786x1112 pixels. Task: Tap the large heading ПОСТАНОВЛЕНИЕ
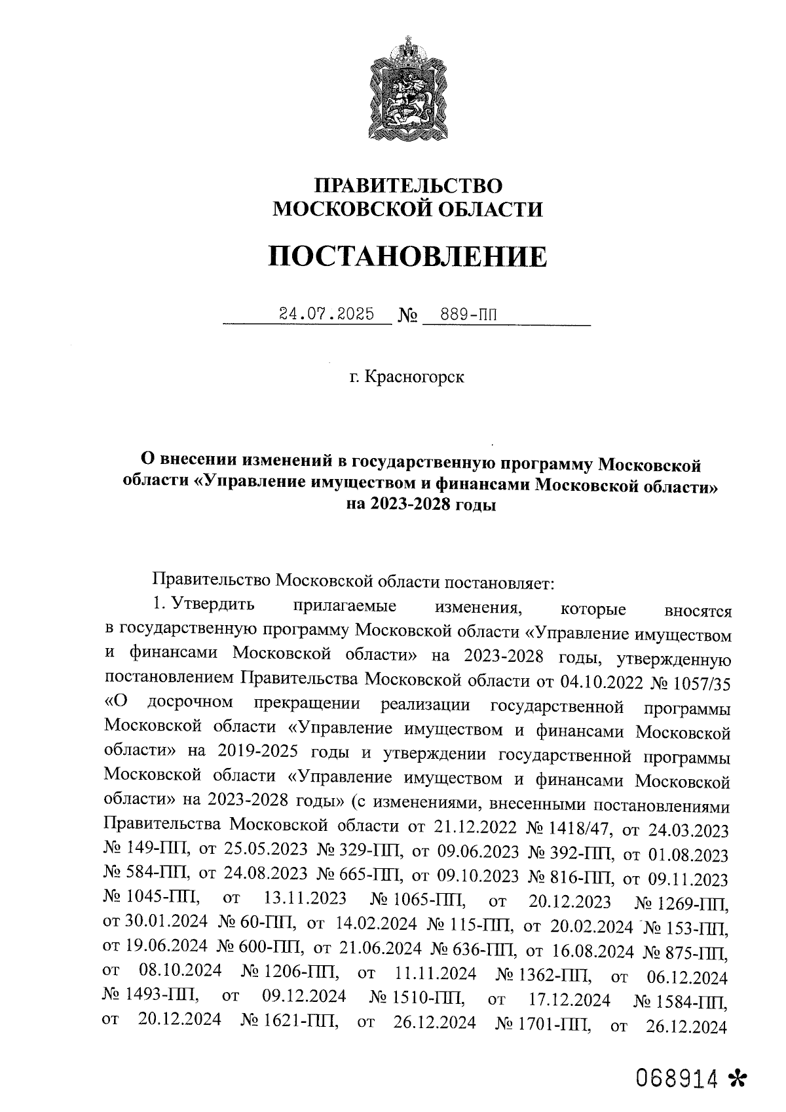click(407, 256)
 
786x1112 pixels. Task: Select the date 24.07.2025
click(326, 314)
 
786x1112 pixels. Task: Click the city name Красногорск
click(415, 377)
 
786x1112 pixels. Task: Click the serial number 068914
click(678, 1078)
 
